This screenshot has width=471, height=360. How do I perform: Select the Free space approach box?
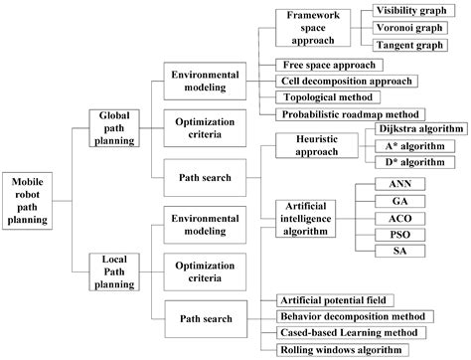click(x=329, y=64)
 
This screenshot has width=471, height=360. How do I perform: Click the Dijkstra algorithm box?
click(x=421, y=129)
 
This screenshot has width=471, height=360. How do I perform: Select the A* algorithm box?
click(x=421, y=145)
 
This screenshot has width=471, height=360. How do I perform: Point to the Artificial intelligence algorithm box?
click(x=314, y=218)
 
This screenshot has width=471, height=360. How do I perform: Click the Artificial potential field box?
click(x=337, y=299)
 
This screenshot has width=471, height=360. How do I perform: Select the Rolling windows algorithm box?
click(x=340, y=350)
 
